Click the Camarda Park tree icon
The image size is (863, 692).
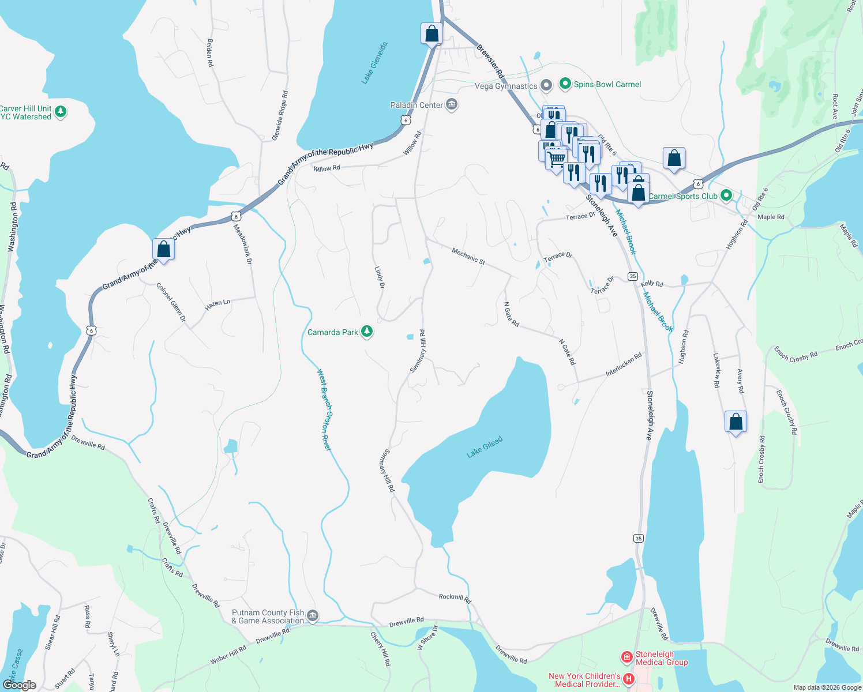(366, 332)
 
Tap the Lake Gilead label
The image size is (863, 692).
(485, 447)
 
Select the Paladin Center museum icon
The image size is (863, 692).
(452, 105)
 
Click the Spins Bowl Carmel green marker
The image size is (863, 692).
(565, 84)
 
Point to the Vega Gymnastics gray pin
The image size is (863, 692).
(546, 86)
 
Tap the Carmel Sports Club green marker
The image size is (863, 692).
(726, 196)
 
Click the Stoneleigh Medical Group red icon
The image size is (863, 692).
(626, 657)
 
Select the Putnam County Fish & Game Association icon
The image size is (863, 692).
(312, 616)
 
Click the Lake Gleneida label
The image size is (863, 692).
(375, 63)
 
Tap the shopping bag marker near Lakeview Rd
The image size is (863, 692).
(736, 422)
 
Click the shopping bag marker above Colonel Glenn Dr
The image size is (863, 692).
(164, 250)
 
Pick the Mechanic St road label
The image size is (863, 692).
(468, 256)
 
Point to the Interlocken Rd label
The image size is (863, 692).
(624, 365)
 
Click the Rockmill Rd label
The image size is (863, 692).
(455, 598)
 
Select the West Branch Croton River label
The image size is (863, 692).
(324, 410)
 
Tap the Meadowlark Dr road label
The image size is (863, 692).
(243, 244)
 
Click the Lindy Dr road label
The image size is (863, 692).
(380, 277)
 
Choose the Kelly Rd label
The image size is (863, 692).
(652, 284)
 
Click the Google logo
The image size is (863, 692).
(20, 685)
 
